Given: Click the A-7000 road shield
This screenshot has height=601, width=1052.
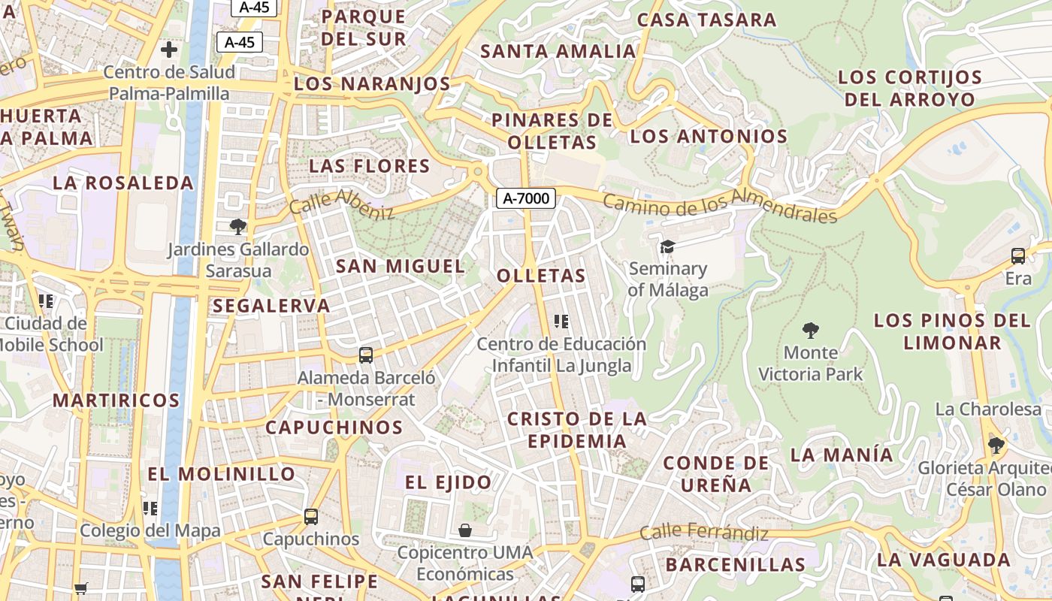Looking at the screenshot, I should (526, 198).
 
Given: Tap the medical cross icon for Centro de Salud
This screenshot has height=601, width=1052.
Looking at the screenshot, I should (169, 50).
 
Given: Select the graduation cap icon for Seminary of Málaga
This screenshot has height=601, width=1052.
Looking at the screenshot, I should (667, 246).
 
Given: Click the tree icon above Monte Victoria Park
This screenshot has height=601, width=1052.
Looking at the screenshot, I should (810, 330).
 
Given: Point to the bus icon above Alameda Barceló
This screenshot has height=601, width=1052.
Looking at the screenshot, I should (366, 355).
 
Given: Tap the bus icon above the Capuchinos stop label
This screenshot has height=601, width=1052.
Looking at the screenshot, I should (311, 517).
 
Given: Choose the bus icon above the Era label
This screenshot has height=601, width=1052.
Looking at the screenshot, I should (1018, 256).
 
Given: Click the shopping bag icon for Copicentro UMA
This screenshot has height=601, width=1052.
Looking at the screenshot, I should (465, 530).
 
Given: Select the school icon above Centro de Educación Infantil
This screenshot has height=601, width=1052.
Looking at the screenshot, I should (561, 322).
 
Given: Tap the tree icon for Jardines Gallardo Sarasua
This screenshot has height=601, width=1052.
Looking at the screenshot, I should (238, 226).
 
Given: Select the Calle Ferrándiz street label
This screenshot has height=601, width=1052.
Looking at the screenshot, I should (704, 533).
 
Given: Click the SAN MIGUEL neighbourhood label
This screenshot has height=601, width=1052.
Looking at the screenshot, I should (401, 266).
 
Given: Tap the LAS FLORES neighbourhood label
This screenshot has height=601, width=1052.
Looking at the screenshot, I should (369, 166).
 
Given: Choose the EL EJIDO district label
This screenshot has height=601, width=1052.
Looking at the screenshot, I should (449, 482).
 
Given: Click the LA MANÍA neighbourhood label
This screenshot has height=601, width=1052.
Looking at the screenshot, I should (842, 455).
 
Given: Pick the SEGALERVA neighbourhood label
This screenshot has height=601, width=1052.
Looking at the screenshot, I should (271, 306).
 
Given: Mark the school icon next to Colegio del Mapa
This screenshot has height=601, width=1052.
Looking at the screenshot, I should (150, 509).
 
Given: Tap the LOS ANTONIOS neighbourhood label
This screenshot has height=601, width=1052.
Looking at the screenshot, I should (709, 137).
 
